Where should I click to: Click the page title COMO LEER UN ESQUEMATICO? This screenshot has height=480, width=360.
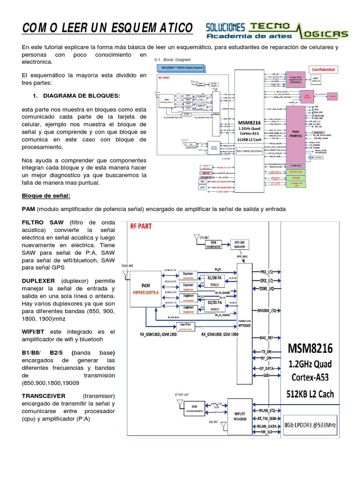tap(107, 28)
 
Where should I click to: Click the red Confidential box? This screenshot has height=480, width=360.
tap(320, 69)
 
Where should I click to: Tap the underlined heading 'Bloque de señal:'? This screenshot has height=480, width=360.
tap(45, 195)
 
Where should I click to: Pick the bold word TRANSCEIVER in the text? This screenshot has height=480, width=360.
tap(44, 396)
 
